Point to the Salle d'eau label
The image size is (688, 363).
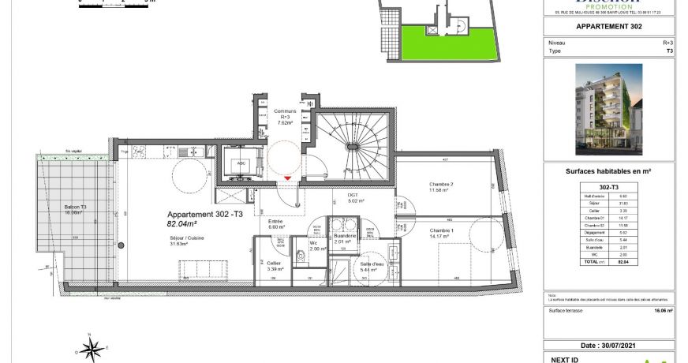click(x=370, y=266)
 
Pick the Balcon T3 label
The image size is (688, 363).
click(x=76, y=209)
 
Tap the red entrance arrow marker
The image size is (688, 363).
click(x=288, y=178)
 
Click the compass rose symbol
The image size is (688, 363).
click(x=92, y=346)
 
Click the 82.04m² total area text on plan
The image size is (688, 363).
click(x=181, y=223)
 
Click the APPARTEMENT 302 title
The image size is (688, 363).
click(x=609, y=27)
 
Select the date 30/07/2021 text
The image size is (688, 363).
click(x=609, y=346)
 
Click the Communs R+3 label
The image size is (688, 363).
click(x=284, y=117)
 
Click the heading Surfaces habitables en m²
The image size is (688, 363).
click(x=609, y=170)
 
